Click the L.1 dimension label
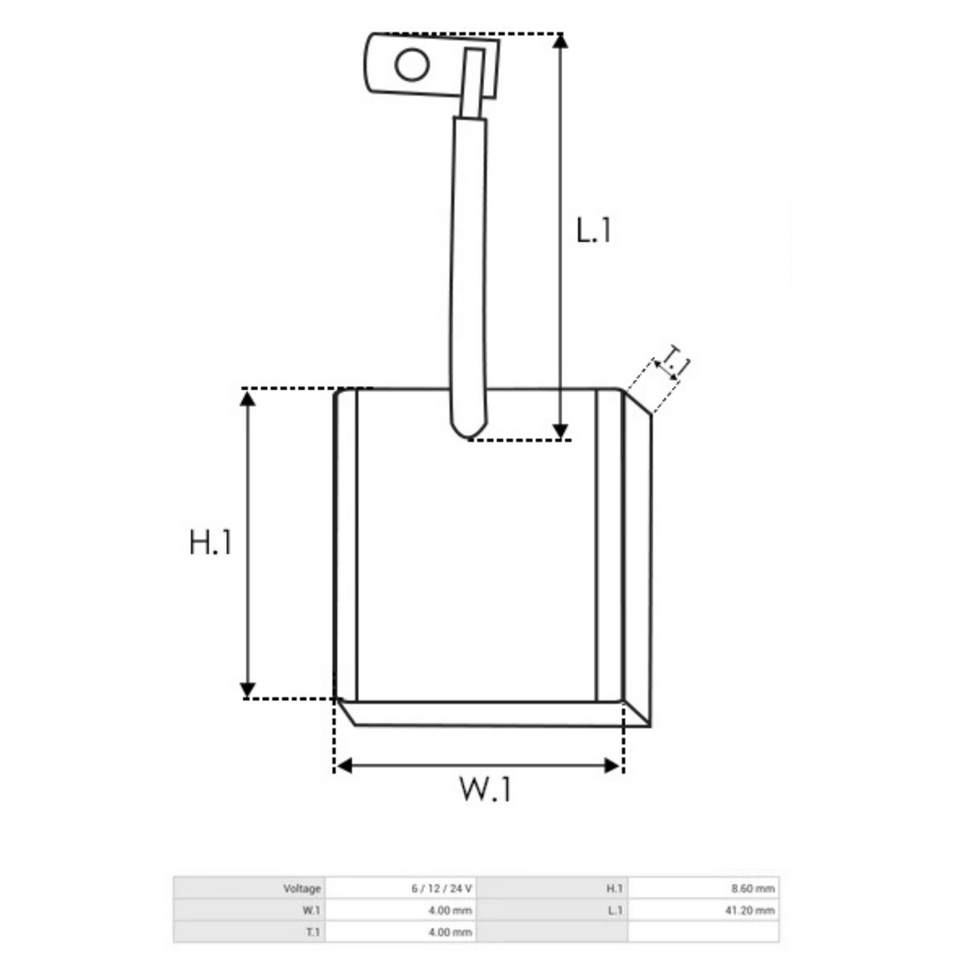tap(593, 231)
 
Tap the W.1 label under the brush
tap(485, 789)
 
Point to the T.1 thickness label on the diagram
tap(676, 362)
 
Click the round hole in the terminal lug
tap(412, 64)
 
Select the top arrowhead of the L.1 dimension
tap(561, 40)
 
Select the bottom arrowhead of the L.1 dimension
tap(561, 431)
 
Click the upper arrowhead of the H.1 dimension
tap(248, 399)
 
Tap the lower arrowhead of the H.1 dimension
tap(248, 689)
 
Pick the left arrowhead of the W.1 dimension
tap(344, 766)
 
